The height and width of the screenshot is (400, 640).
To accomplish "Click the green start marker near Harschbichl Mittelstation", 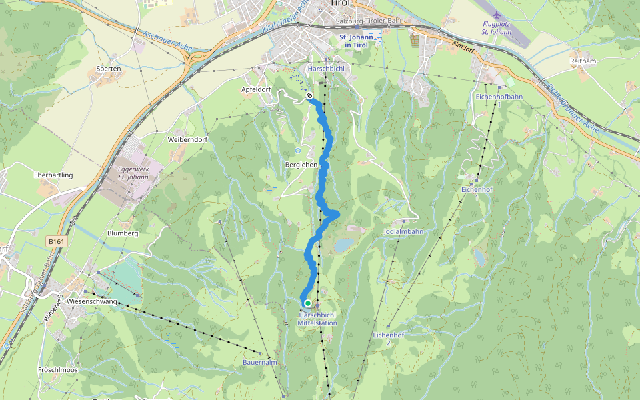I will [307, 303].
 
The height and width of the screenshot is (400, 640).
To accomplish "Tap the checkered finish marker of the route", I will [310, 96].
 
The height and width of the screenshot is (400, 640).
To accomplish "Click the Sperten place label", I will [109, 69].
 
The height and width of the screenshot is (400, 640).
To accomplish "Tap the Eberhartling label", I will [53, 175].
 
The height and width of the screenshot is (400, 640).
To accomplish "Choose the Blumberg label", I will [123, 233].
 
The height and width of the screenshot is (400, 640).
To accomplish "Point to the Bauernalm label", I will [259, 362].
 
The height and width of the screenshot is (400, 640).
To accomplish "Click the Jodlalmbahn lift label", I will [404, 231].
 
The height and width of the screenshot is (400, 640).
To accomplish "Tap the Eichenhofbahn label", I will [499, 97].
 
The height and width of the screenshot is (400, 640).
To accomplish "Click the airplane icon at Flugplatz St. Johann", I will [495, 15].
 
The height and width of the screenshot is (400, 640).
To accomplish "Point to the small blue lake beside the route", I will [343, 246].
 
